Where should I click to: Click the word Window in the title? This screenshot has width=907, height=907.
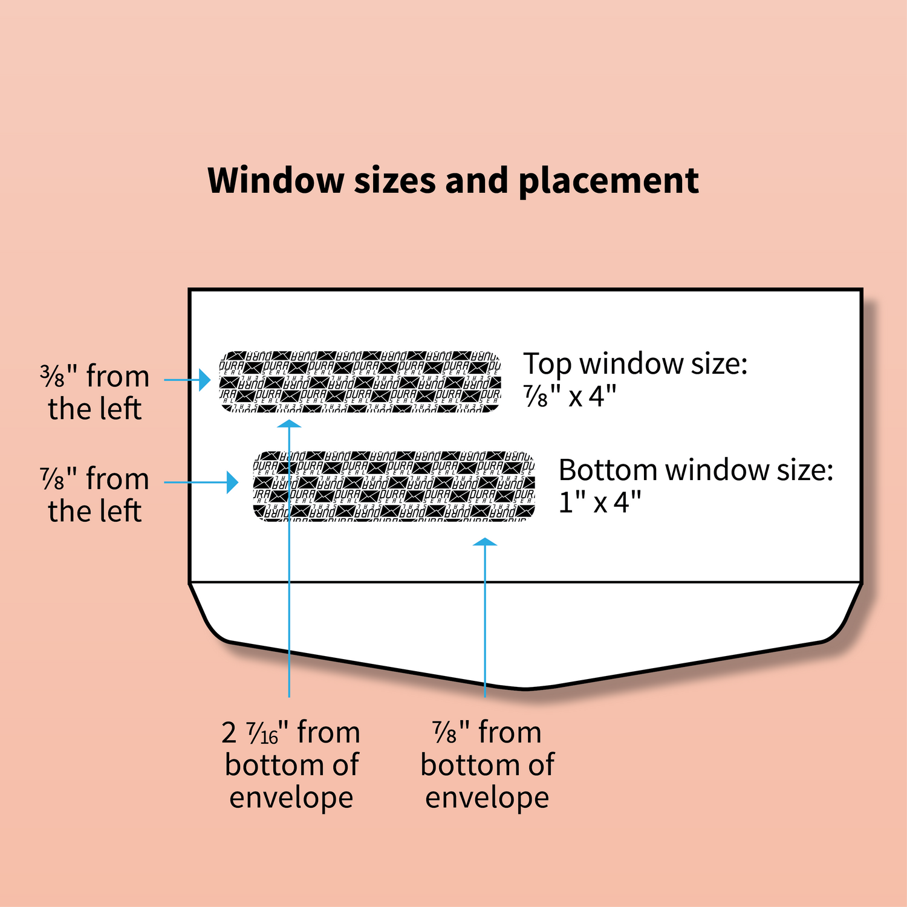click(x=276, y=181)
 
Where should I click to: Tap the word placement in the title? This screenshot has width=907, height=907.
click(x=608, y=181)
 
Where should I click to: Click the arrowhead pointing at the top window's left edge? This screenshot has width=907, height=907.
click(x=205, y=380)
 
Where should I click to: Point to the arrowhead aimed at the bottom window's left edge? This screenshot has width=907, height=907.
click(x=233, y=482)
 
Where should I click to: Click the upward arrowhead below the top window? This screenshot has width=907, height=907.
click(x=289, y=423)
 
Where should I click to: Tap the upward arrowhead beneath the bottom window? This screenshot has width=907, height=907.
click(x=485, y=542)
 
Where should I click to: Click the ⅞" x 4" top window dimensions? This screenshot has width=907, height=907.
click(x=570, y=397)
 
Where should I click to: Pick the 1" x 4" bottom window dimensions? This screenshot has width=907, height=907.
click(x=599, y=502)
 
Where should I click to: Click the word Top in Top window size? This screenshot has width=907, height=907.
click(x=547, y=364)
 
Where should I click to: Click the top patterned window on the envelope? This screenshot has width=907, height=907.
click(x=360, y=381)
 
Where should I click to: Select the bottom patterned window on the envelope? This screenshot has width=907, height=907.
click(x=394, y=486)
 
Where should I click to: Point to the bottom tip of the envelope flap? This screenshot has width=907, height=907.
click(x=525, y=688)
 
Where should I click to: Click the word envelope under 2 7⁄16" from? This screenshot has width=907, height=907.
click(x=291, y=798)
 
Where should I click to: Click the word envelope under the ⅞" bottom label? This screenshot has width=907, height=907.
click(x=487, y=798)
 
